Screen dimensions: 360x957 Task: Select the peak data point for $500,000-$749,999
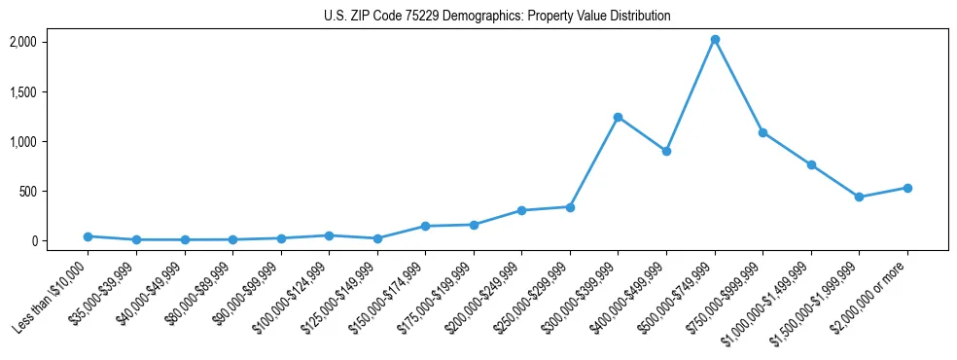click(x=715, y=40)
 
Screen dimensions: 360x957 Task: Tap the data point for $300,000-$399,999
click(x=618, y=117)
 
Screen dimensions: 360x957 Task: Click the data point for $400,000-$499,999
click(x=666, y=151)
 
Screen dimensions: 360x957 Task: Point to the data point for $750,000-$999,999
click(x=762, y=132)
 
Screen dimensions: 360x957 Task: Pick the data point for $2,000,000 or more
click(x=907, y=188)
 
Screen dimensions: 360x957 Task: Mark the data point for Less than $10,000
click(x=89, y=236)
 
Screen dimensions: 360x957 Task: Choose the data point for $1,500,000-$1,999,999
click(x=859, y=197)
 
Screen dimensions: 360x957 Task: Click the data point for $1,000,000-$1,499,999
click(x=811, y=164)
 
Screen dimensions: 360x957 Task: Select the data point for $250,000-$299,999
click(x=570, y=207)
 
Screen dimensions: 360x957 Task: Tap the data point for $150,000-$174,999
click(x=425, y=226)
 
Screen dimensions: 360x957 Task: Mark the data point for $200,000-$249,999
click(x=521, y=210)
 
